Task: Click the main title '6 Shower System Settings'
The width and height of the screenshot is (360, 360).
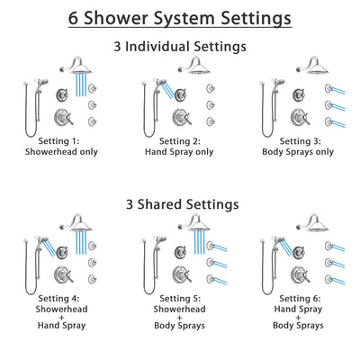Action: (180, 17)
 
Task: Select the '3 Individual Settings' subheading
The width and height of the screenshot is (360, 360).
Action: (180, 48)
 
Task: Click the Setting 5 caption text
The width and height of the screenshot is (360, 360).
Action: (179, 310)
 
